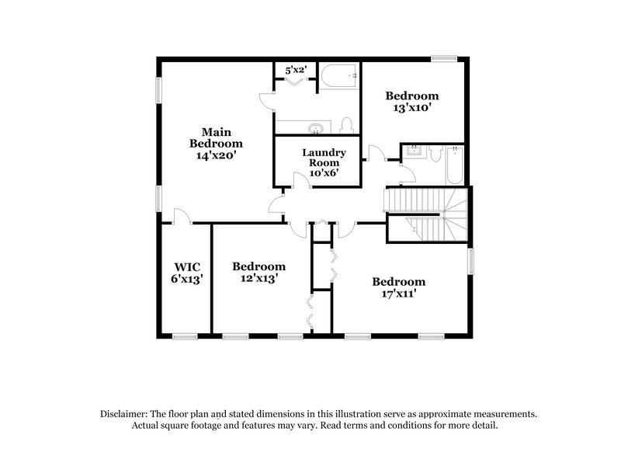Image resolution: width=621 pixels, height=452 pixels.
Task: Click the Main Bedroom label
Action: pyautogui.click(x=216, y=137)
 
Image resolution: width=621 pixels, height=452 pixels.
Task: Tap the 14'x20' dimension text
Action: pyautogui.click(x=216, y=155)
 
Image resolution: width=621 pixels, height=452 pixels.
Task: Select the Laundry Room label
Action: pyautogui.click(x=324, y=158)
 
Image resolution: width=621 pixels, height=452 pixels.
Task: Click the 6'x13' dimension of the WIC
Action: pyautogui.click(x=186, y=279)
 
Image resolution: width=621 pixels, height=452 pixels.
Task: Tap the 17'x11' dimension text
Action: pyautogui.click(x=398, y=294)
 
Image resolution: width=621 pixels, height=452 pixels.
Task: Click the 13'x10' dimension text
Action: pyautogui.click(x=412, y=108)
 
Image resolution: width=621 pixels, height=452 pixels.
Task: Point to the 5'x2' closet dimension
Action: pyautogui.click(x=296, y=70)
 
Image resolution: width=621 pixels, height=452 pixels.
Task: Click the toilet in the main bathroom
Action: pyautogui.click(x=346, y=126)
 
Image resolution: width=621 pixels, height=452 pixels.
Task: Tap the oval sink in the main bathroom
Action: pyautogui.click(x=316, y=127)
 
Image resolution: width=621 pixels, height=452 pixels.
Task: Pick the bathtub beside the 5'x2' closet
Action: pyautogui.click(x=339, y=77)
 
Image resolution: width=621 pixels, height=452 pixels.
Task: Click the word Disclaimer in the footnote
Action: pyautogui.click(x=124, y=414)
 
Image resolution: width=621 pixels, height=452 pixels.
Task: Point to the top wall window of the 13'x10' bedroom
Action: pyautogui.click(x=443, y=57)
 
